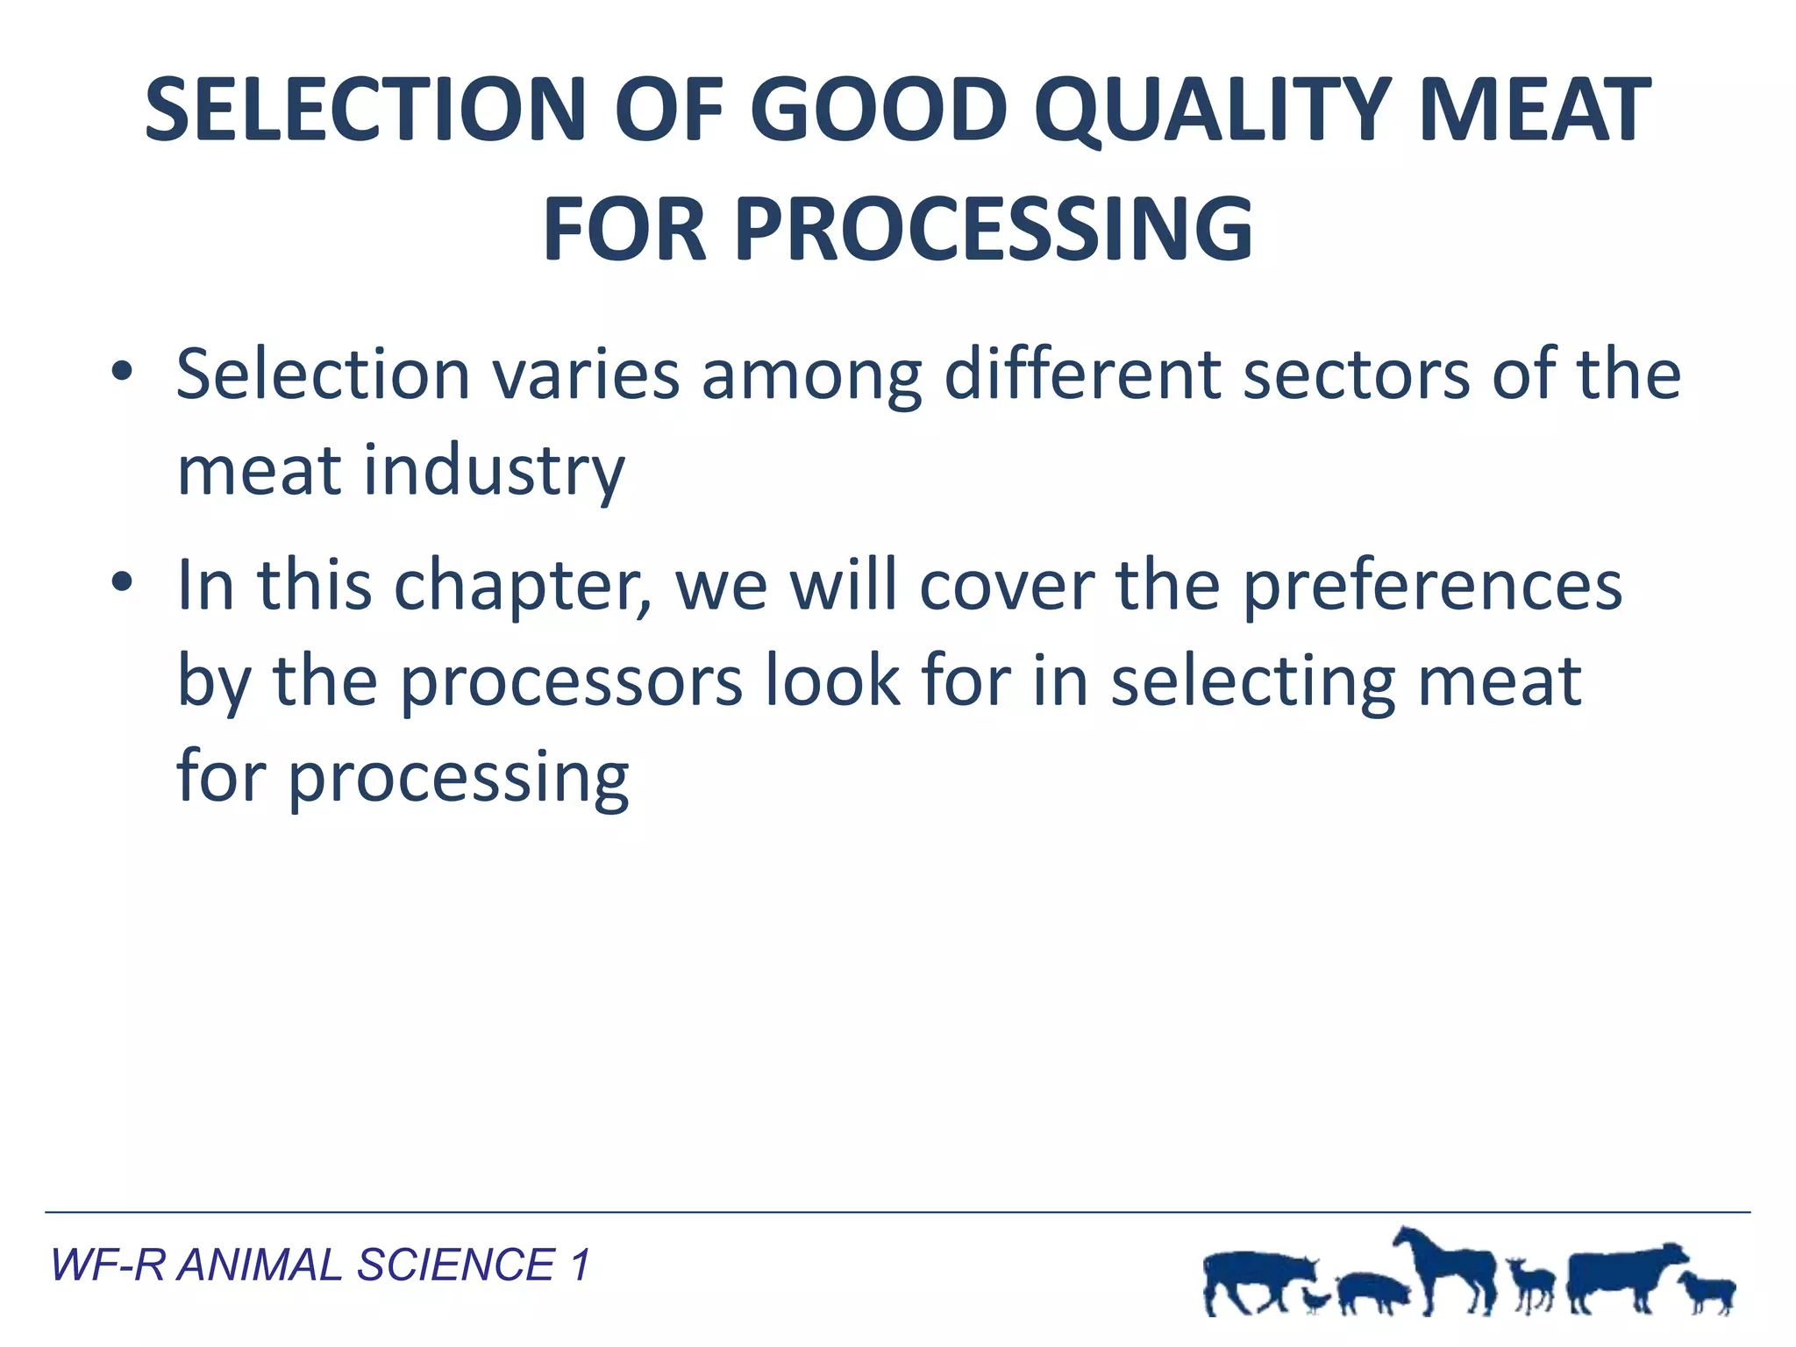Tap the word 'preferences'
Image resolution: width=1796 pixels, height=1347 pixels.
(1432, 585)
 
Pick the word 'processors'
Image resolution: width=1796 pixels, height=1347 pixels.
(571, 681)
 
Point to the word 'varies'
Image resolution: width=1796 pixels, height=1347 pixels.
(585, 374)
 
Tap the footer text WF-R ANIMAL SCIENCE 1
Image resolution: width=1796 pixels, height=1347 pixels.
(320, 1265)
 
